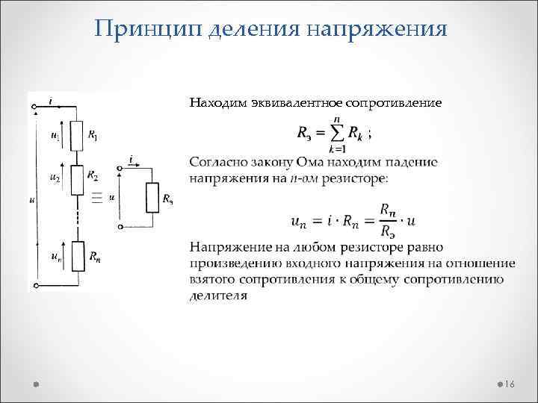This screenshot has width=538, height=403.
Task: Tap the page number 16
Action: point(510,384)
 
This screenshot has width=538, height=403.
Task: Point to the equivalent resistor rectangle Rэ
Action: point(152,197)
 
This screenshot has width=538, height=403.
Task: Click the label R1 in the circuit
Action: point(93,136)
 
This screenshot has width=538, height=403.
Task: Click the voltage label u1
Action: point(55,136)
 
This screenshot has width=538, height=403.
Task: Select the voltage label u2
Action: point(54,178)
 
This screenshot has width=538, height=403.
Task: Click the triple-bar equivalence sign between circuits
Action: point(96,198)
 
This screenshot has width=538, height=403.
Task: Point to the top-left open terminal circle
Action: point(34,108)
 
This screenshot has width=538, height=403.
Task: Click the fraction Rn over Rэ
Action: point(387,221)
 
